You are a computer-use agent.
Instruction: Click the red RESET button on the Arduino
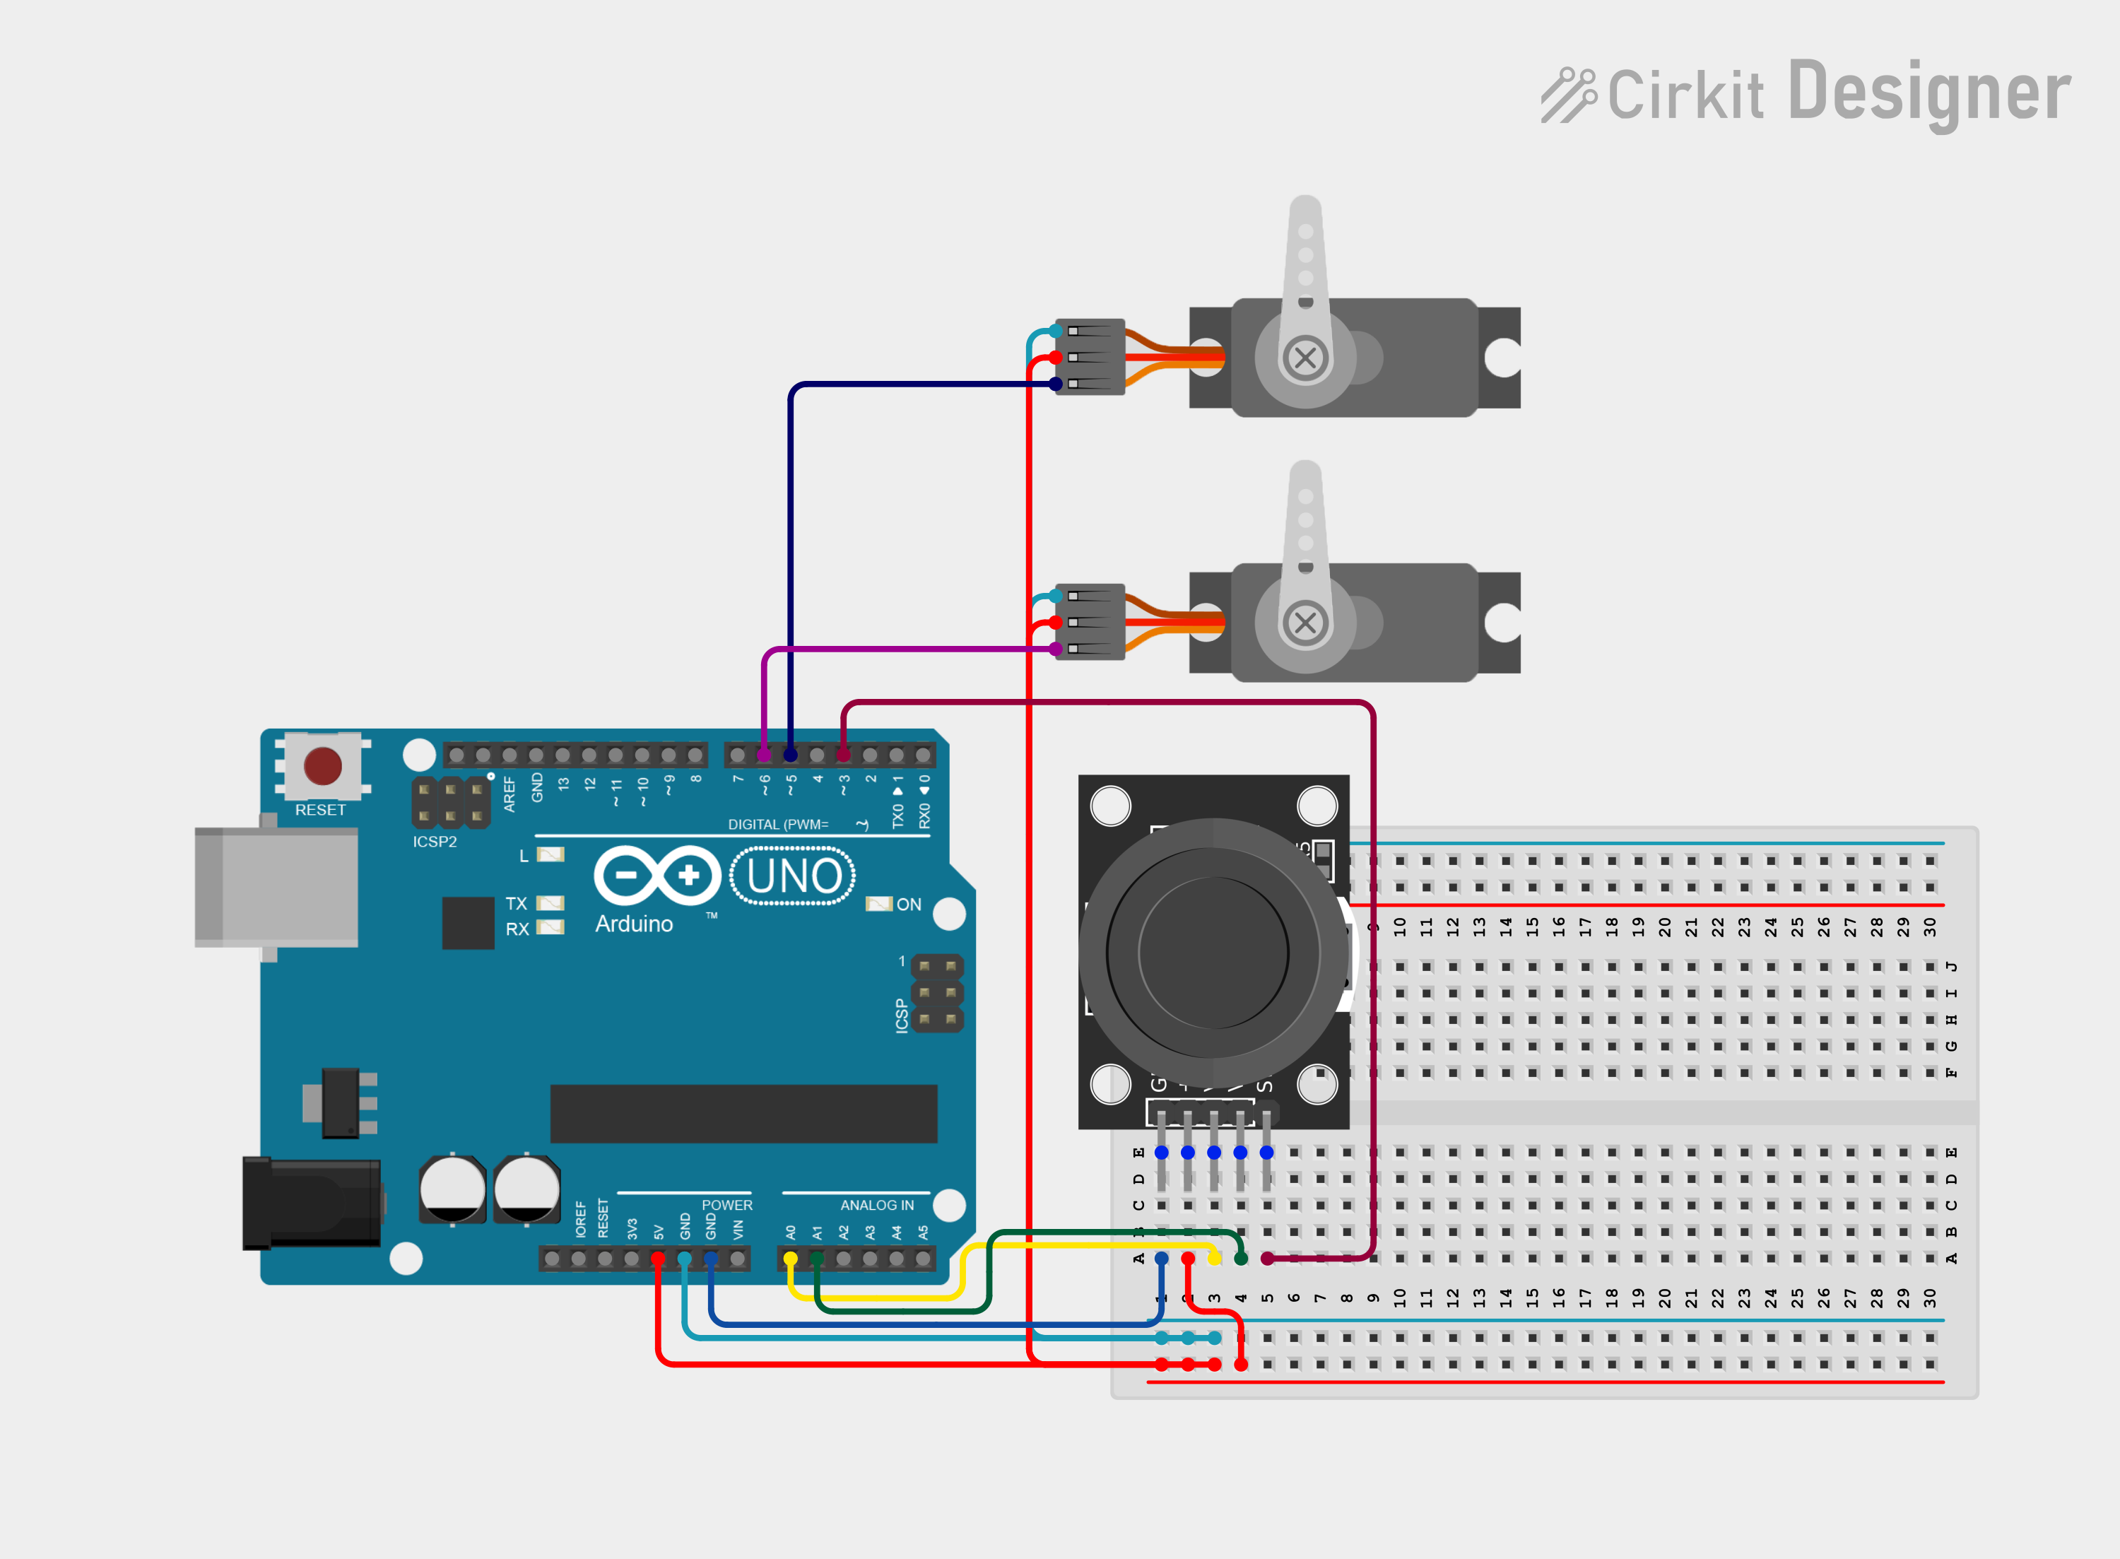(x=323, y=765)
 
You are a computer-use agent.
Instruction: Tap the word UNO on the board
(x=794, y=877)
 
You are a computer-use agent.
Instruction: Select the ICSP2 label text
(x=434, y=842)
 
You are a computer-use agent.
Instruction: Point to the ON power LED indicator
(x=878, y=904)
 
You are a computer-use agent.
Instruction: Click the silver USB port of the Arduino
(x=276, y=887)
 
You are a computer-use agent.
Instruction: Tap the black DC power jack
(x=312, y=1204)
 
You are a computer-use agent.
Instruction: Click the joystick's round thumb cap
(x=1213, y=953)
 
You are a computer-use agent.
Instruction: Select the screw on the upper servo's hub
(x=1306, y=358)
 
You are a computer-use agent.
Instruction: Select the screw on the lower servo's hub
(x=1306, y=623)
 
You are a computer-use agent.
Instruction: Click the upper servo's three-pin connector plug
(x=1090, y=357)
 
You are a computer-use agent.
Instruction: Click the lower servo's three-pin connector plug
(x=1090, y=622)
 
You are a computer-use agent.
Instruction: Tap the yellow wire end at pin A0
(x=791, y=1259)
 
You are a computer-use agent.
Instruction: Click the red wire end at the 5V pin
(x=658, y=1259)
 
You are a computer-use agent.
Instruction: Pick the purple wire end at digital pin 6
(x=764, y=755)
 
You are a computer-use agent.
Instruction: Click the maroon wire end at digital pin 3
(x=844, y=755)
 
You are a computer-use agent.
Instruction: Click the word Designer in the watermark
(x=1928, y=93)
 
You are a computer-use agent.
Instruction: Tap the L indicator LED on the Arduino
(x=550, y=855)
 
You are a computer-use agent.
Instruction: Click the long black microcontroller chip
(x=743, y=1114)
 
